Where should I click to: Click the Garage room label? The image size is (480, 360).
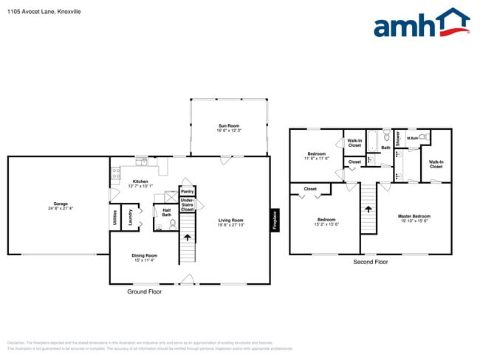(60, 206)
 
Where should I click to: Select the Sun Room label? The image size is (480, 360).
(230, 128)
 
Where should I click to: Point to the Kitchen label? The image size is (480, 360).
(140, 183)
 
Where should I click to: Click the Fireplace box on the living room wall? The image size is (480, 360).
(274, 221)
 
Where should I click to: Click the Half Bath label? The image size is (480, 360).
(167, 212)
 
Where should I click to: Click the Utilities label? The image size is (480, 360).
(115, 218)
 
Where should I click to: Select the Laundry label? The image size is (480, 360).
(130, 218)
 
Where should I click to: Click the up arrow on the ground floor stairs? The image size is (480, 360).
(186, 238)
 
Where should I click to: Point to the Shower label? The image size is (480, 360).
(397, 137)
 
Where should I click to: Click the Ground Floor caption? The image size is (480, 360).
(145, 291)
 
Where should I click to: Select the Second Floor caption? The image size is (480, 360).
(370, 262)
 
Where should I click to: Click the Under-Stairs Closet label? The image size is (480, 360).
(188, 204)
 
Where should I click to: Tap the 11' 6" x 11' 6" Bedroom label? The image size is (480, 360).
(318, 156)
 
